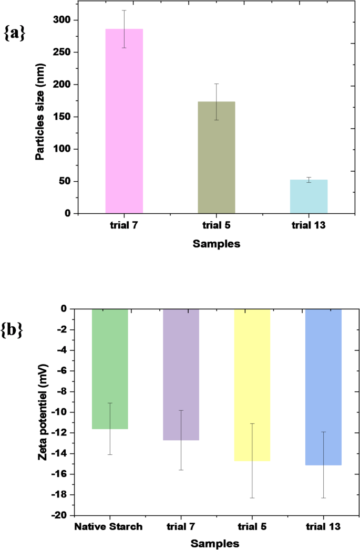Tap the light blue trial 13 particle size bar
309,196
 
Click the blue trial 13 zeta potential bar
324,387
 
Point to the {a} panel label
15,33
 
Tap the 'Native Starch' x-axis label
109,527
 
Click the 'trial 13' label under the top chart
309,225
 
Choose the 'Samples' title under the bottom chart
216,543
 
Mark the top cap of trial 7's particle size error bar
124,11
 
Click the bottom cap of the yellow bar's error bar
252,497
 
